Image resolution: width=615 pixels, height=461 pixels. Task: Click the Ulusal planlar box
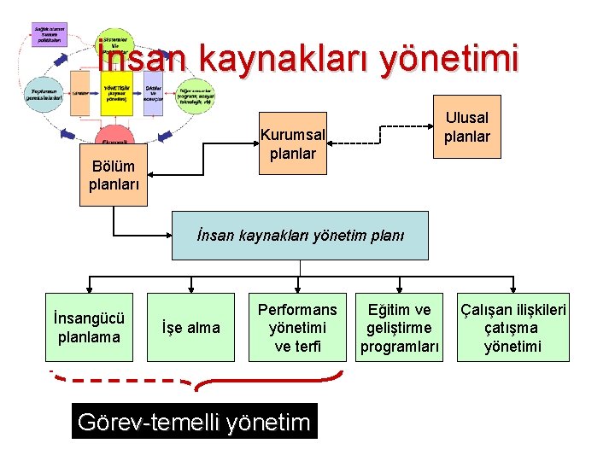tap(466, 126)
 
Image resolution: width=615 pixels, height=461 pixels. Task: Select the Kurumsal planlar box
tap(293, 144)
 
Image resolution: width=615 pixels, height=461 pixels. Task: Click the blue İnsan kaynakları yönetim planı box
tap(300, 236)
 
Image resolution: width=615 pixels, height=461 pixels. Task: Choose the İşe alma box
tap(190, 327)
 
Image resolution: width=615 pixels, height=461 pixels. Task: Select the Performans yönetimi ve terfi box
tap(297, 327)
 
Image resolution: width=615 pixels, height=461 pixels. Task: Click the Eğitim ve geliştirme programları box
tap(400, 327)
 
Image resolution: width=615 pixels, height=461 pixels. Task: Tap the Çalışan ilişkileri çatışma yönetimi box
tap(512, 327)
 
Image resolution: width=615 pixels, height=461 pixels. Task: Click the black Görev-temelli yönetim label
tap(194, 421)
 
